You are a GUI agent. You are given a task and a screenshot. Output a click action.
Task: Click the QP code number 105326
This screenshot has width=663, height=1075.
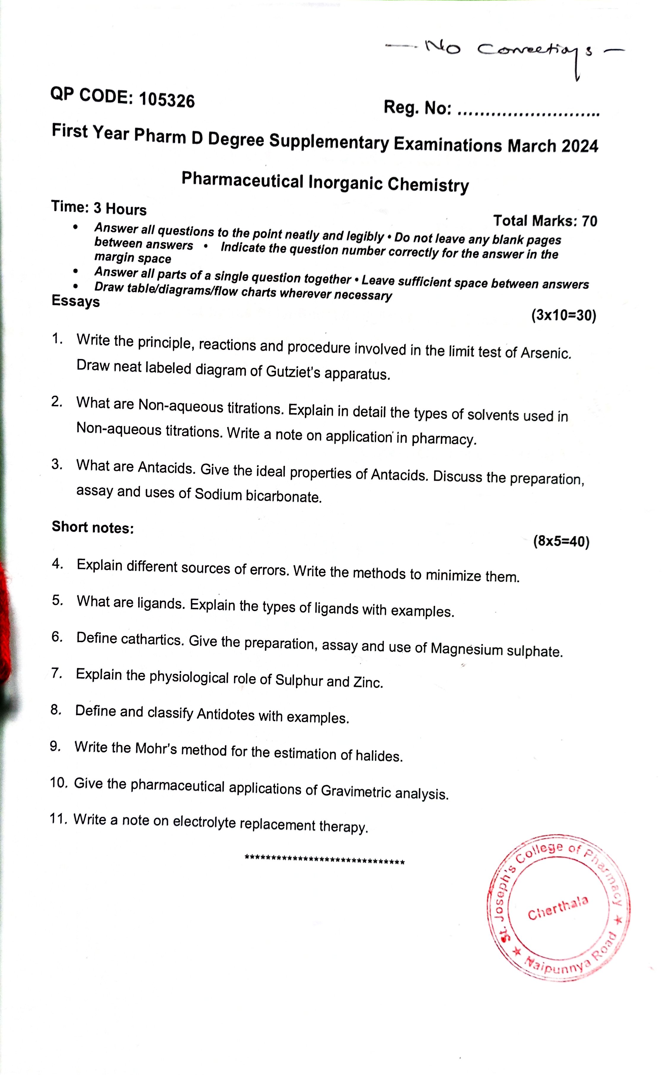click(x=167, y=100)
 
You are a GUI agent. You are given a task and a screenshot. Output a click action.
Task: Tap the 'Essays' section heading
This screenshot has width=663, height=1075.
click(x=75, y=301)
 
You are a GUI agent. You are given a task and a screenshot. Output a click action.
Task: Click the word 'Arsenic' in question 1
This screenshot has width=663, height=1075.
click(x=546, y=353)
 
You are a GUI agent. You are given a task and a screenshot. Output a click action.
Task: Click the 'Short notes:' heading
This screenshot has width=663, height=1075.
click(x=93, y=527)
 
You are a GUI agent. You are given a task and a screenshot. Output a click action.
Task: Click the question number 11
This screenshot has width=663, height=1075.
click(x=58, y=818)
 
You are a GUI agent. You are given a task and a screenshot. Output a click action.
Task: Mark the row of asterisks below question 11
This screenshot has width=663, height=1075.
click(x=324, y=859)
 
